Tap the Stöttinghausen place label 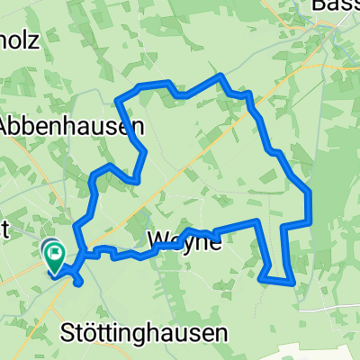(143, 333)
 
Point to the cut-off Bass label (335, 8)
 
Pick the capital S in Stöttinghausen (67, 333)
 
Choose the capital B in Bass (317, 8)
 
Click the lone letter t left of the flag (5, 229)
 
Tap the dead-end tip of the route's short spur (79, 283)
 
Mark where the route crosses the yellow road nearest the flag (82, 261)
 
